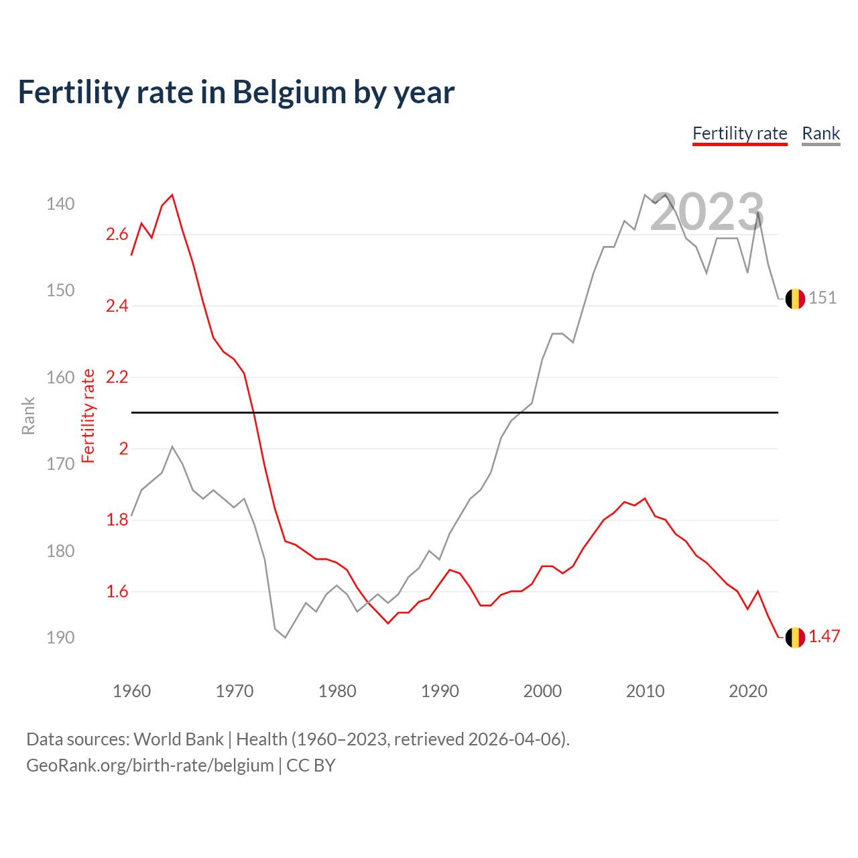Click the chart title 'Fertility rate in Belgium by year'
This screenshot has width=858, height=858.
(x=236, y=93)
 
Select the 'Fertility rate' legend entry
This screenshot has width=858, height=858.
(x=739, y=133)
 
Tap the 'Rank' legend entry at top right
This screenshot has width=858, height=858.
(x=820, y=133)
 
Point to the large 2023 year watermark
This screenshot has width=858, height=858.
(x=707, y=212)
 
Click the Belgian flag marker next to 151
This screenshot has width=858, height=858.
(x=795, y=299)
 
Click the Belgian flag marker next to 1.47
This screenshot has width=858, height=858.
(x=795, y=637)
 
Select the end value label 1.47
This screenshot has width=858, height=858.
(x=824, y=637)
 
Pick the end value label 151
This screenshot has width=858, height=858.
(x=822, y=298)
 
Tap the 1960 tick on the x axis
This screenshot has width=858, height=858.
(x=131, y=691)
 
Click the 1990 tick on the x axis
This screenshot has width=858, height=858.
(x=440, y=691)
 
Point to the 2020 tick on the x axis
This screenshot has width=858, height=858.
(x=747, y=691)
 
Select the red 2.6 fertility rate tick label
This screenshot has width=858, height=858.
(x=117, y=235)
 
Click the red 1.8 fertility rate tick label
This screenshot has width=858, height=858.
(x=117, y=520)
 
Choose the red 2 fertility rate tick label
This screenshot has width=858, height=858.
(x=123, y=449)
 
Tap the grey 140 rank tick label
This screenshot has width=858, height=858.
(x=60, y=204)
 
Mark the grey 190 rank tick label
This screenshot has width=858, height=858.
(x=60, y=637)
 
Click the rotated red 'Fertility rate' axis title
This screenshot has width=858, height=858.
(x=88, y=416)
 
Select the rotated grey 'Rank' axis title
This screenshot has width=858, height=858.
(x=28, y=416)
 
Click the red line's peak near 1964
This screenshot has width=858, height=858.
(x=172, y=195)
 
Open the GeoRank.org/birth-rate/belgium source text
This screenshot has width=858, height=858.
(x=149, y=765)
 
